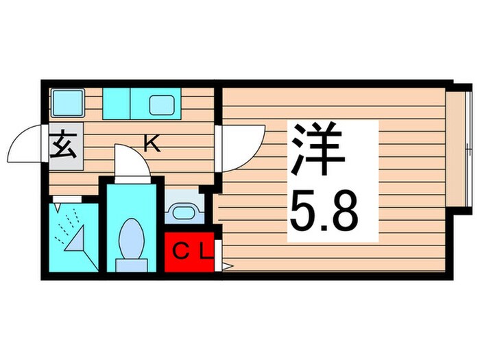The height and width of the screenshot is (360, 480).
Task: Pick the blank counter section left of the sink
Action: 116,103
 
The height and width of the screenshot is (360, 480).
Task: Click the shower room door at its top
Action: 67,199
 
